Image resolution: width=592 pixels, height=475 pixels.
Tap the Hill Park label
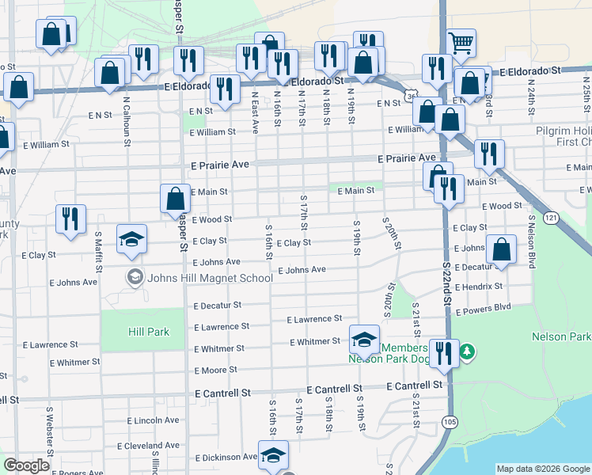(147, 332)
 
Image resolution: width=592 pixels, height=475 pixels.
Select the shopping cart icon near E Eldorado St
(461, 42)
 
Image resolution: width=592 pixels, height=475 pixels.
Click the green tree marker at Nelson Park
(467, 350)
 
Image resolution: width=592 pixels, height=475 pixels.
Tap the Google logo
(26, 465)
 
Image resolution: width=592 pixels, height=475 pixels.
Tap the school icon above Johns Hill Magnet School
(131, 239)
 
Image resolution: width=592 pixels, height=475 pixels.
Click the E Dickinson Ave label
(227, 457)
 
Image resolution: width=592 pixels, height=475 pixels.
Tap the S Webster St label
(49, 426)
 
